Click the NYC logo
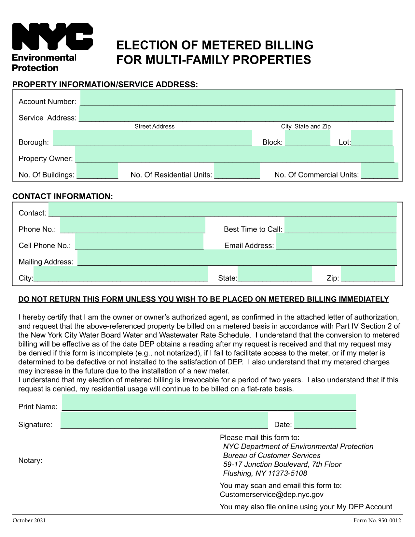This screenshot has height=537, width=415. pos(52,36)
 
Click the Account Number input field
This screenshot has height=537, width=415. pos(238,98)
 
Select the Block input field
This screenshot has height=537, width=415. pos(307,138)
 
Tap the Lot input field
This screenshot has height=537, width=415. pos(371,138)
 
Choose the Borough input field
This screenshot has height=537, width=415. pos(152,138)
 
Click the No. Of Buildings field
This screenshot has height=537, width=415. pos(97,171)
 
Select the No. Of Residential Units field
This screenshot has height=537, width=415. pos(237,171)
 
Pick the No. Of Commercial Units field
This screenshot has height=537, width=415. pos(379,171)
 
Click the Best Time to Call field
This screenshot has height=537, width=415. pos(340,225)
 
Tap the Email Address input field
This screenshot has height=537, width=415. pos(336,242)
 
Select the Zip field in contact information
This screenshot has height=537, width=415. pos(368,274)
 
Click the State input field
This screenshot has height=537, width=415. pos(274,274)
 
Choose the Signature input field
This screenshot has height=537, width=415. pos(164,420)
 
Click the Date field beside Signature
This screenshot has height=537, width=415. pos(325,420)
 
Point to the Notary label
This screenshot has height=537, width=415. pos(30,460)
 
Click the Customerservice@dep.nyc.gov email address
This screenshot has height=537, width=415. pos(271,495)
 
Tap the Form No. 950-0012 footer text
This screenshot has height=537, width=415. pos(377,520)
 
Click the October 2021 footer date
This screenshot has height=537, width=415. pos(29,520)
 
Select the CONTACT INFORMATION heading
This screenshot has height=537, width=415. pos(62,196)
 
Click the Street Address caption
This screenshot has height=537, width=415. pos(154,126)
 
